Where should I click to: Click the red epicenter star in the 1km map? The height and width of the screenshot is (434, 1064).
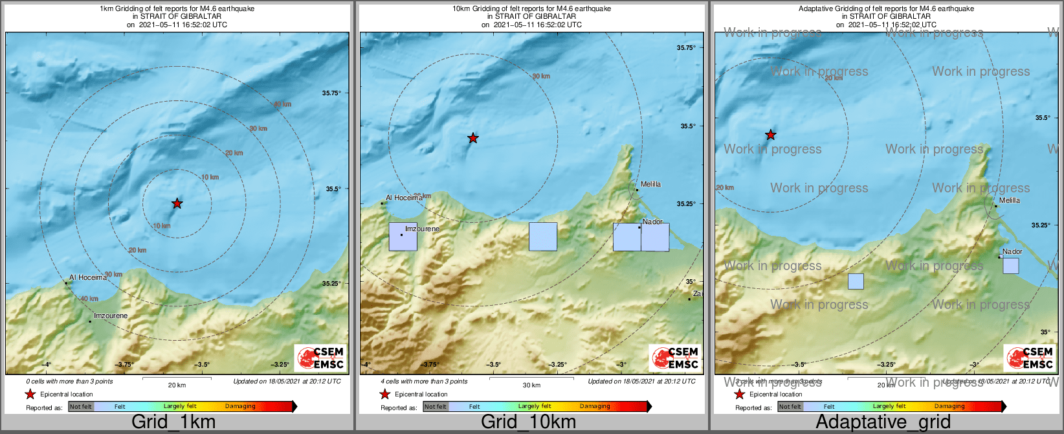point(177,203)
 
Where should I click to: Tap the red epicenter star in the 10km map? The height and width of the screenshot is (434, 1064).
point(473,138)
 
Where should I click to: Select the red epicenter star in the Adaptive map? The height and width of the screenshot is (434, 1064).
point(770,135)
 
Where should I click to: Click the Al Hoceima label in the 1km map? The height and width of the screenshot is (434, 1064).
point(88,277)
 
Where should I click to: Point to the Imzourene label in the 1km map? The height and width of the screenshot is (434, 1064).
point(111,315)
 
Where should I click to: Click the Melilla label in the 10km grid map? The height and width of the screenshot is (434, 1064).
point(650,184)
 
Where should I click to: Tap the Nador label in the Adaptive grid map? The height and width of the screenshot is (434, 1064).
point(1012,251)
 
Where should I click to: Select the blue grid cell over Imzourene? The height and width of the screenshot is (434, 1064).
point(403,236)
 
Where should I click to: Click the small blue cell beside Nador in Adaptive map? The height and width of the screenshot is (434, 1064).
point(1010,266)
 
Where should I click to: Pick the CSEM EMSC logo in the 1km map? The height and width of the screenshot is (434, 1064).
point(320,358)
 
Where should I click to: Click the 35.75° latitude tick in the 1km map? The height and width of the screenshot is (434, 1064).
point(331,93)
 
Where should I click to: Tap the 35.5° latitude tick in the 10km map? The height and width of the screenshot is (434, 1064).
point(688,126)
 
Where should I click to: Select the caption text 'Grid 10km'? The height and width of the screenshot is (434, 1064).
point(528,422)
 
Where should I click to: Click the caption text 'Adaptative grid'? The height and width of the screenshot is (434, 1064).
point(883,422)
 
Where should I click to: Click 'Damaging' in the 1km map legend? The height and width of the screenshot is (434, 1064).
point(240,406)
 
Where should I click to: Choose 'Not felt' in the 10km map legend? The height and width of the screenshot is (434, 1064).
point(436,407)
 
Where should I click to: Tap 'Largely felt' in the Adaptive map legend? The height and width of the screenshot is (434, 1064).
point(889,406)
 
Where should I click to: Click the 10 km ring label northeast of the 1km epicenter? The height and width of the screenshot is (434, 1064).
point(210,177)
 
